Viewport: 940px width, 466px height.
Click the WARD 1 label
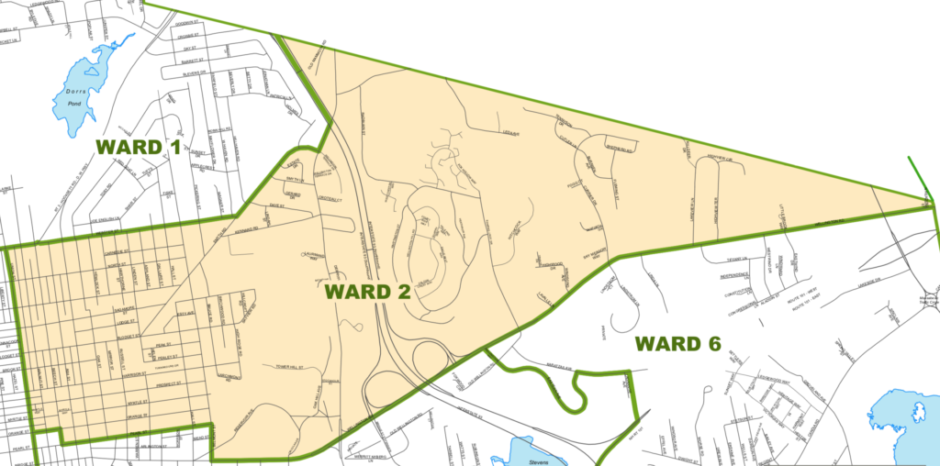pos(139,148)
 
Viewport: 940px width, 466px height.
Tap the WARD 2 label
pos(364,292)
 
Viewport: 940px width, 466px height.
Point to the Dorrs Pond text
pos(75,95)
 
